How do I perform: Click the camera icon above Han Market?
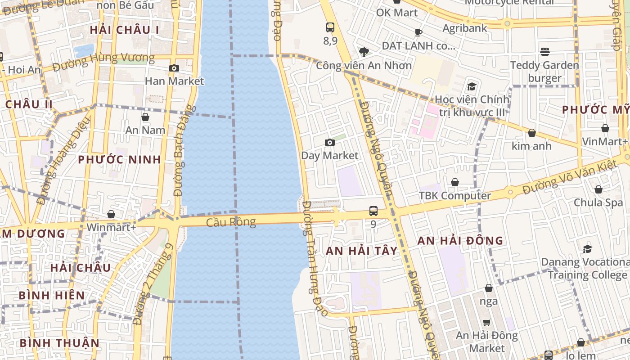coord(174,68)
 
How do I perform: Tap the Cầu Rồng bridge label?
coord(231,222)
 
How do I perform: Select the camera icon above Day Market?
coord(330,143)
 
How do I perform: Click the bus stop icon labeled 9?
coord(373,211)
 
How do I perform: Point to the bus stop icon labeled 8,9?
coord(330,27)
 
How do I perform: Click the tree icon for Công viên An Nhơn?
coord(364,52)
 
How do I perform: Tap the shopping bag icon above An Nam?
coord(145,117)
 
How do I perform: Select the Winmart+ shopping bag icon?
coord(111,215)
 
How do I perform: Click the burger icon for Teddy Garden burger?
coord(545,52)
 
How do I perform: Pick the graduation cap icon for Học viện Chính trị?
coord(472,86)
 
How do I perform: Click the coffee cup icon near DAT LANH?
coord(418,32)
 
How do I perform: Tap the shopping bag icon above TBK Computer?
coord(455,182)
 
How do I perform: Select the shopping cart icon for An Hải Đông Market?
coord(486,322)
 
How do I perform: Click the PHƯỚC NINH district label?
coord(119,160)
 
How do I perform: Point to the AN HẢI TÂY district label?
coord(362,251)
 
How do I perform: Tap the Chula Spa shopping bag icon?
coord(598,190)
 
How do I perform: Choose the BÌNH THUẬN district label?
coord(59,343)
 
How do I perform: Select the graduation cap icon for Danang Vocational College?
coord(587,249)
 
